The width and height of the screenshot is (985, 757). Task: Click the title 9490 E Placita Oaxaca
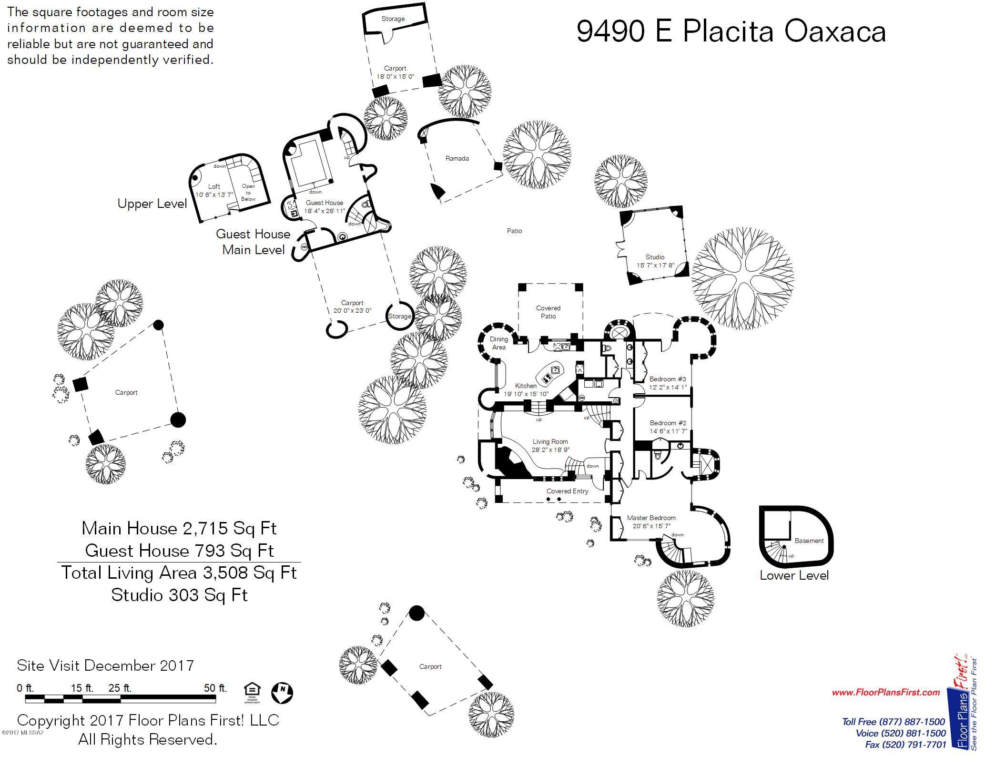[x=731, y=32]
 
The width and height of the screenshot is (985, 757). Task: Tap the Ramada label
[x=457, y=158]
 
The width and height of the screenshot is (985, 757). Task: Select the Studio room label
[x=655, y=257]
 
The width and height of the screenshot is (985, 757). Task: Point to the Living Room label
[x=550, y=441]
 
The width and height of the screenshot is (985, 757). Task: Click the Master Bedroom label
[x=651, y=518]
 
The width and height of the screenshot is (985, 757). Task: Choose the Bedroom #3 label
[x=668, y=379]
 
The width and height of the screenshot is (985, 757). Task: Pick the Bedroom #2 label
[x=668, y=423]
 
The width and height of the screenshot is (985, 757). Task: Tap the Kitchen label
[x=526, y=386]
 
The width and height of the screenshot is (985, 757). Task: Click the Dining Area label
[x=499, y=343]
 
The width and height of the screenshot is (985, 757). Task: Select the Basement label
[x=809, y=541]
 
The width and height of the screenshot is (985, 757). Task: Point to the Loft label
[x=214, y=186]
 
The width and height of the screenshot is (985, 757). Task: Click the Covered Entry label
[x=568, y=491]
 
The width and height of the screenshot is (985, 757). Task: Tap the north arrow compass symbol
[x=282, y=692]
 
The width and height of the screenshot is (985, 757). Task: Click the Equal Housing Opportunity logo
[x=252, y=693]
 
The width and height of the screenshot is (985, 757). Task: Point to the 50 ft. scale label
[x=216, y=688]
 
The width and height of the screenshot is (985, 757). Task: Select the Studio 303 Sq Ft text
[x=180, y=595]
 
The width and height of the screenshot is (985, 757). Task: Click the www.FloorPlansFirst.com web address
[x=886, y=692]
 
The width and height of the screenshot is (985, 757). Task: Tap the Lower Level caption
[x=794, y=575]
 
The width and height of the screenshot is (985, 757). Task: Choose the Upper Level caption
[x=152, y=204]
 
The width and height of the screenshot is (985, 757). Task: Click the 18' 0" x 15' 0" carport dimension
[x=395, y=76]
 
